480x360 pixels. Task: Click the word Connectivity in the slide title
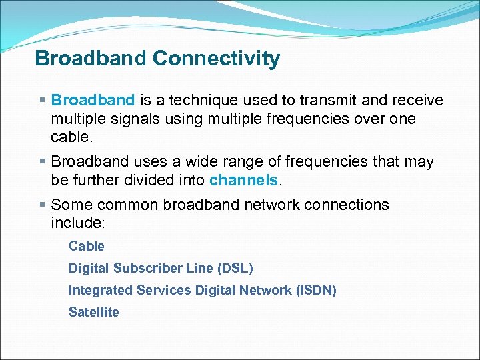(216, 59)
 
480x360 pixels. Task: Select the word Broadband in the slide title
(91, 59)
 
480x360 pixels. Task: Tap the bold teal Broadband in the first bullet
(93, 100)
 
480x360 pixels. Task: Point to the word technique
(202, 100)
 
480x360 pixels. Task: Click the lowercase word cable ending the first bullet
(70, 137)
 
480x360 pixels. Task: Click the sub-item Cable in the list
(87, 246)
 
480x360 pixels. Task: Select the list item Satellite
(94, 312)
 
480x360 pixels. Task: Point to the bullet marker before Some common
(42, 205)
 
